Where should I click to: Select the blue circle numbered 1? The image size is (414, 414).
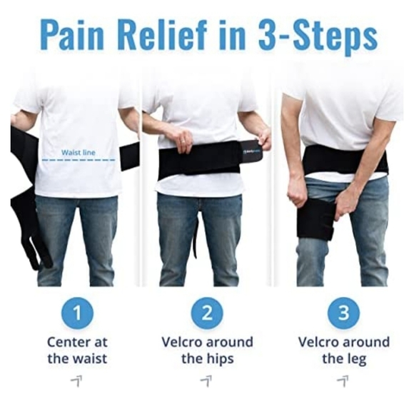[x=77, y=313]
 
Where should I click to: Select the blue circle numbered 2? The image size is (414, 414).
[x=207, y=313]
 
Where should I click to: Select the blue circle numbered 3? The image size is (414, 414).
[x=343, y=313]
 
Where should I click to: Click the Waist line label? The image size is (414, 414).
[x=79, y=152]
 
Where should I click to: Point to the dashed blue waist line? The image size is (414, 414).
[x=79, y=160]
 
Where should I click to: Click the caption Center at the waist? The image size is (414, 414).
[x=77, y=350]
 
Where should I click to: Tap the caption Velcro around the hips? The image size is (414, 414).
[x=207, y=350]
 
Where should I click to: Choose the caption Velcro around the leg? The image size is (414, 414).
[x=343, y=350]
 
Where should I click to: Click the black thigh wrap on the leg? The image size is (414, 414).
[x=316, y=219]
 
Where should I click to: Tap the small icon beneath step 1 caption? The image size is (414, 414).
[x=76, y=381]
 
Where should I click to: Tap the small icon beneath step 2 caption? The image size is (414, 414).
[x=206, y=381]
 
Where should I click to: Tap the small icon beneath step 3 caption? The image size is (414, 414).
[x=343, y=381]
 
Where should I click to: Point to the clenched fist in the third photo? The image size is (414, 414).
[x=296, y=191]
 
